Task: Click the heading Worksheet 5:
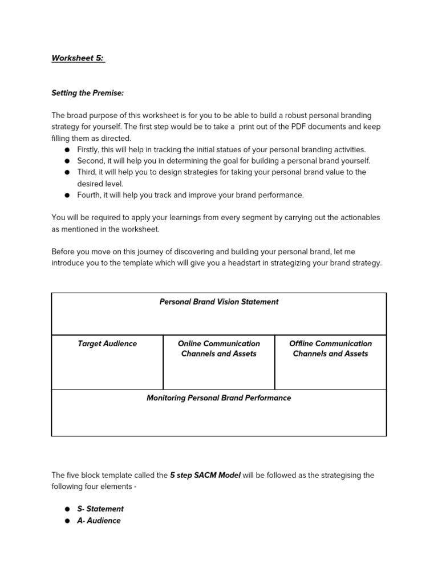pos(78,58)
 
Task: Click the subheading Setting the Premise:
pos(87,92)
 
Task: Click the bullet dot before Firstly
pos(67,150)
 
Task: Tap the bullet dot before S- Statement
pos(67,509)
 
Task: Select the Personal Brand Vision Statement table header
pos(219,302)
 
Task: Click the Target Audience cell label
pos(107,343)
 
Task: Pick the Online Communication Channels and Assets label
pos(219,348)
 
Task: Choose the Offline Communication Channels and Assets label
pos(330,348)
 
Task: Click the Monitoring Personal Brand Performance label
pos(219,398)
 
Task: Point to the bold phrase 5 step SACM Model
pos(205,475)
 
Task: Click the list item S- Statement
pos(100,509)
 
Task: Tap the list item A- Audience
pos(99,521)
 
